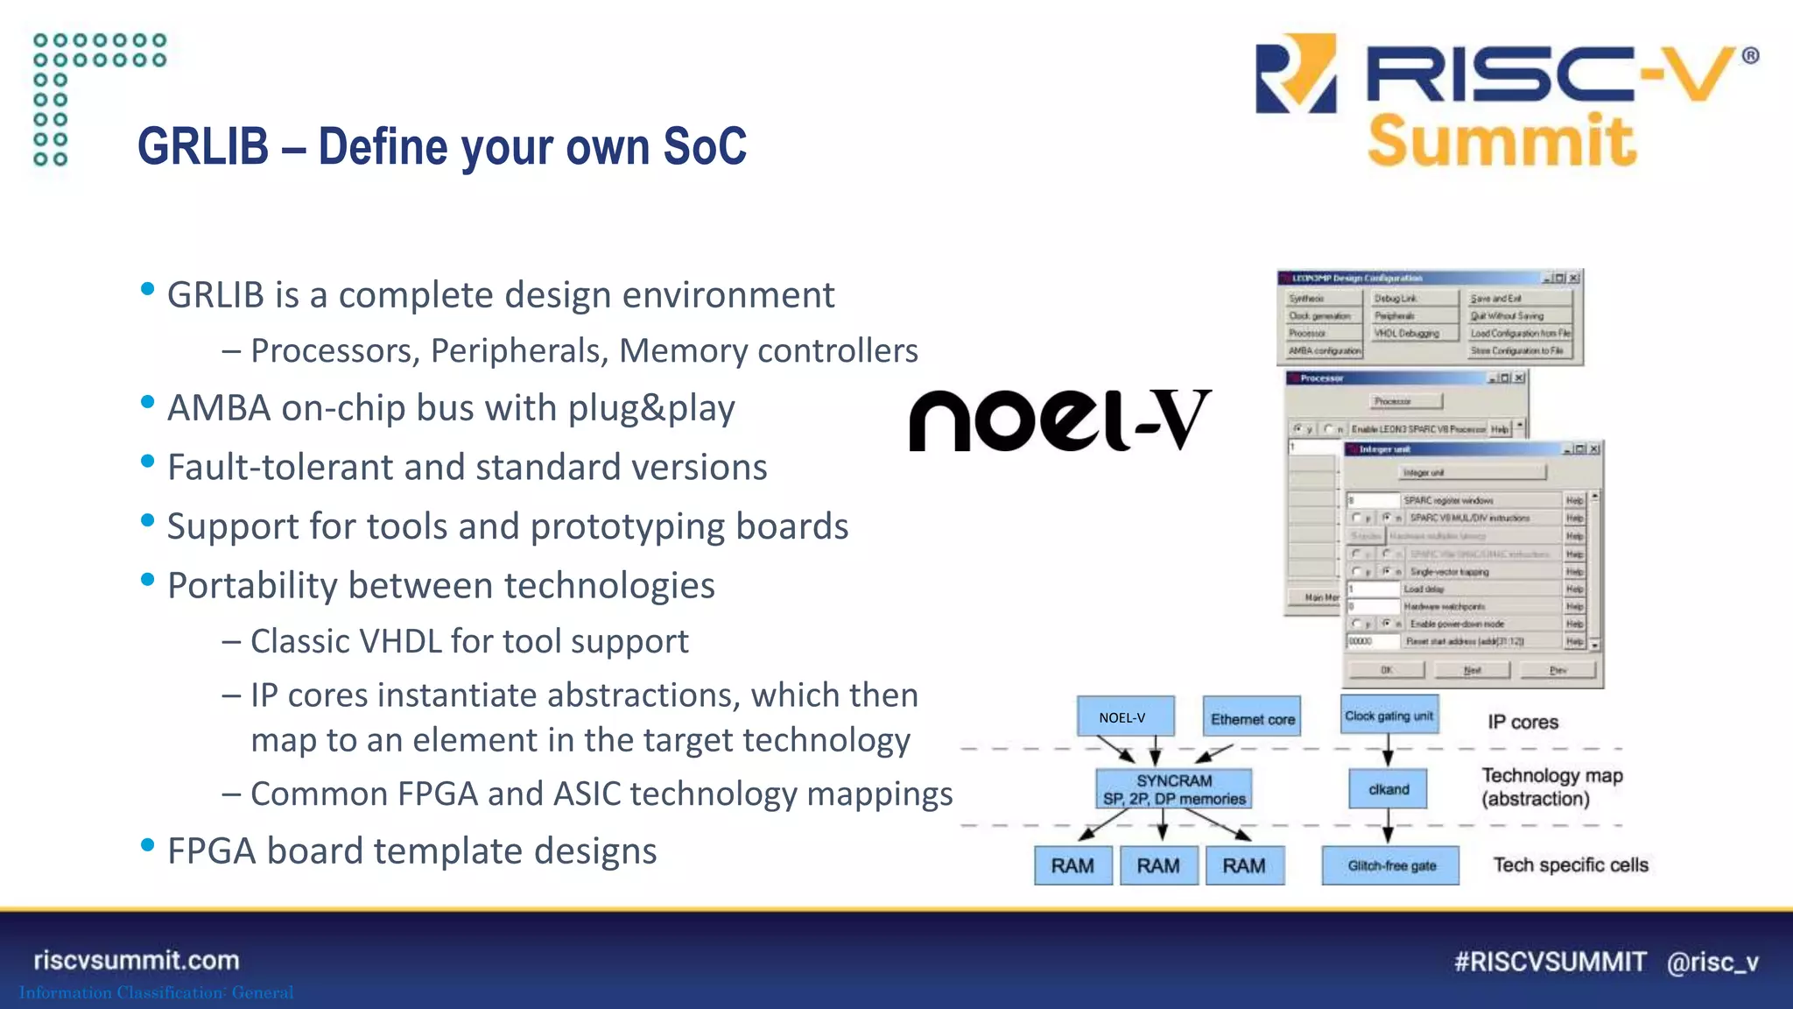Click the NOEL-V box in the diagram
pyautogui.click(x=1125, y=717)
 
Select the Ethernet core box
pyautogui.click(x=1252, y=718)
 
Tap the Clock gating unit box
pyautogui.click(x=1389, y=716)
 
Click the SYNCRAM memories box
pyautogui.click(x=1174, y=789)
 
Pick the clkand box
pyautogui.click(x=1388, y=789)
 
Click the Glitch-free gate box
pyautogui.click(x=1391, y=865)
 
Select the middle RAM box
pyautogui.click(x=1158, y=865)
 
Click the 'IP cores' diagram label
pyautogui.click(x=1522, y=723)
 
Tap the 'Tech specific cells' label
pyautogui.click(x=1570, y=865)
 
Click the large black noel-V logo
pyautogui.click(x=1060, y=420)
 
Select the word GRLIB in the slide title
pyautogui.click(x=203, y=146)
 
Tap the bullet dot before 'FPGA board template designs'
pyautogui.click(x=148, y=845)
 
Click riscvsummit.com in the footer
pyautogui.click(x=137, y=960)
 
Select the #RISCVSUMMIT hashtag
pyautogui.click(x=1550, y=962)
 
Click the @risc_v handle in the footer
pyautogui.click(x=1712, y=962)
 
